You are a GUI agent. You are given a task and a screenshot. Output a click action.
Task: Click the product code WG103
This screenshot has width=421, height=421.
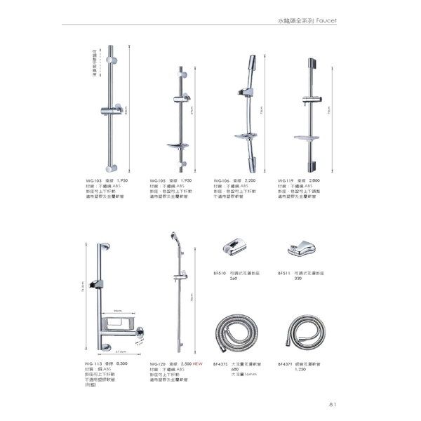tap(93, 180)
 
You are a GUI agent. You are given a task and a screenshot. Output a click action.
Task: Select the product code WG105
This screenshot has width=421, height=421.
tap(157, 180)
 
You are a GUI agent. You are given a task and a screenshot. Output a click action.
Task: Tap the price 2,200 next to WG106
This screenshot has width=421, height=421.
tap(250, 180)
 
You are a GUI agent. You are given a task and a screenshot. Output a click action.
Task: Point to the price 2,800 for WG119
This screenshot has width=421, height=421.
tap(316, 180)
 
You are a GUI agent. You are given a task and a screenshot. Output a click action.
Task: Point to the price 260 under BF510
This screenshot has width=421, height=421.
tap(234, 279)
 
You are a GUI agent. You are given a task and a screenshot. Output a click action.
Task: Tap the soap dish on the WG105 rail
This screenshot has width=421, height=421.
tap(175, 145)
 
